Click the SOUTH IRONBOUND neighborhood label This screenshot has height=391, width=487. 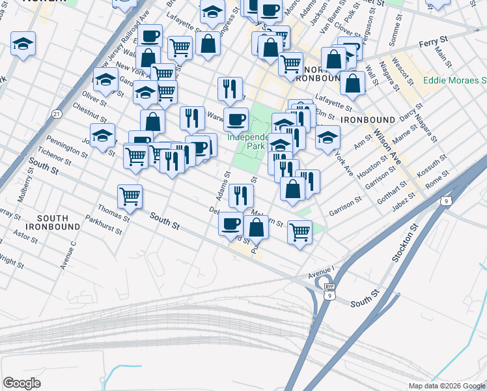pos(59,222)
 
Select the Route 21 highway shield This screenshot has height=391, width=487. pos(57,114)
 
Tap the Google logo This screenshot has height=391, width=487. pos(22,383)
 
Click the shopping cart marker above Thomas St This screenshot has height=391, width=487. pos(130,195)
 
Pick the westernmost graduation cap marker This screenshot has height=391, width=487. pos(23,44)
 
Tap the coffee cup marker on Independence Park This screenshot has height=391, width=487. pos(236,119)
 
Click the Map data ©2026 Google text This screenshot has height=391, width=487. pos(447,386)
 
